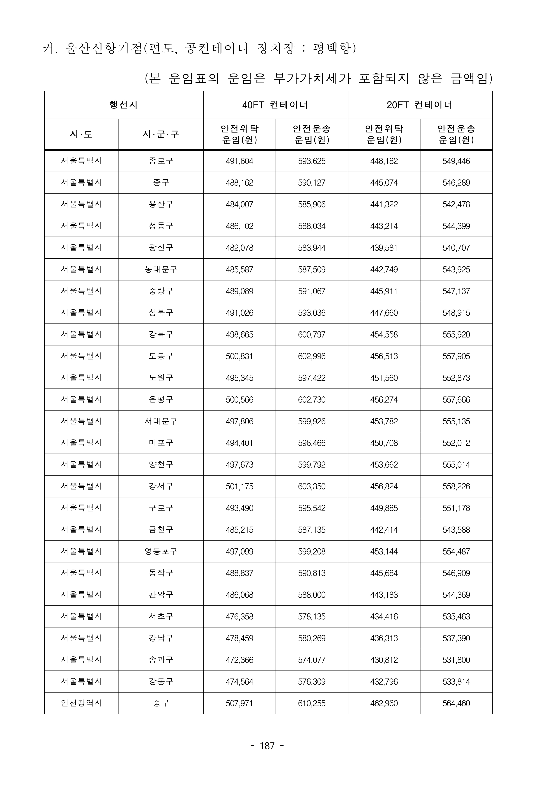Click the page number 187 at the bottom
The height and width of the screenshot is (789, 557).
[267, 746]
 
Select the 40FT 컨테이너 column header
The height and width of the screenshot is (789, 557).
[275, 105]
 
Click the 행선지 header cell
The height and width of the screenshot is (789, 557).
[124, 105]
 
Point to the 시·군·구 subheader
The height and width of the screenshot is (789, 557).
[161, 134]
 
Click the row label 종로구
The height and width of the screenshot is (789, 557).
[161, 161]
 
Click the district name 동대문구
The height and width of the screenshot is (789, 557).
[161, 269]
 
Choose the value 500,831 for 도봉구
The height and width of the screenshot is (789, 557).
[239, 356]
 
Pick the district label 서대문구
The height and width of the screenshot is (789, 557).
[161, 421]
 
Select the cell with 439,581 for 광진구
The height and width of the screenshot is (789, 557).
[384, 248]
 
